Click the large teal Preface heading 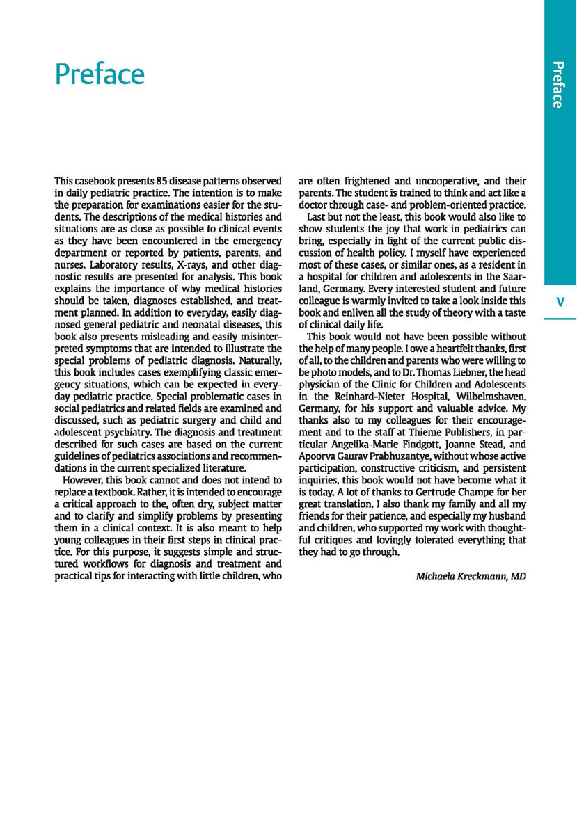pos(100,74)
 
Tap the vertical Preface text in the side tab pos(557,85)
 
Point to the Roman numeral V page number pos(560,302)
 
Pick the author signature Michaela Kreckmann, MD pos(471,576)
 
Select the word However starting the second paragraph pos(84,480)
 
